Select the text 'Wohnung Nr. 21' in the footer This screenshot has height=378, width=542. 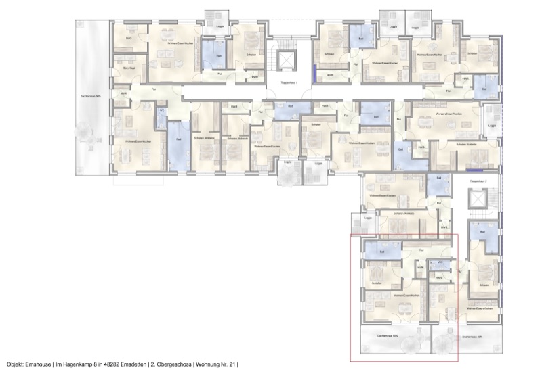[217, 364]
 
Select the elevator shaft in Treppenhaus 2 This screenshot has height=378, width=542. [478, 200]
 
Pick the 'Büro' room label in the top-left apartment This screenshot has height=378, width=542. [129, 39]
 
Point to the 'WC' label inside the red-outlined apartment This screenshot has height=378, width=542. [440, 262]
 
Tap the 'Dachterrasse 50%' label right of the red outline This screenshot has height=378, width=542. [472, 336]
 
